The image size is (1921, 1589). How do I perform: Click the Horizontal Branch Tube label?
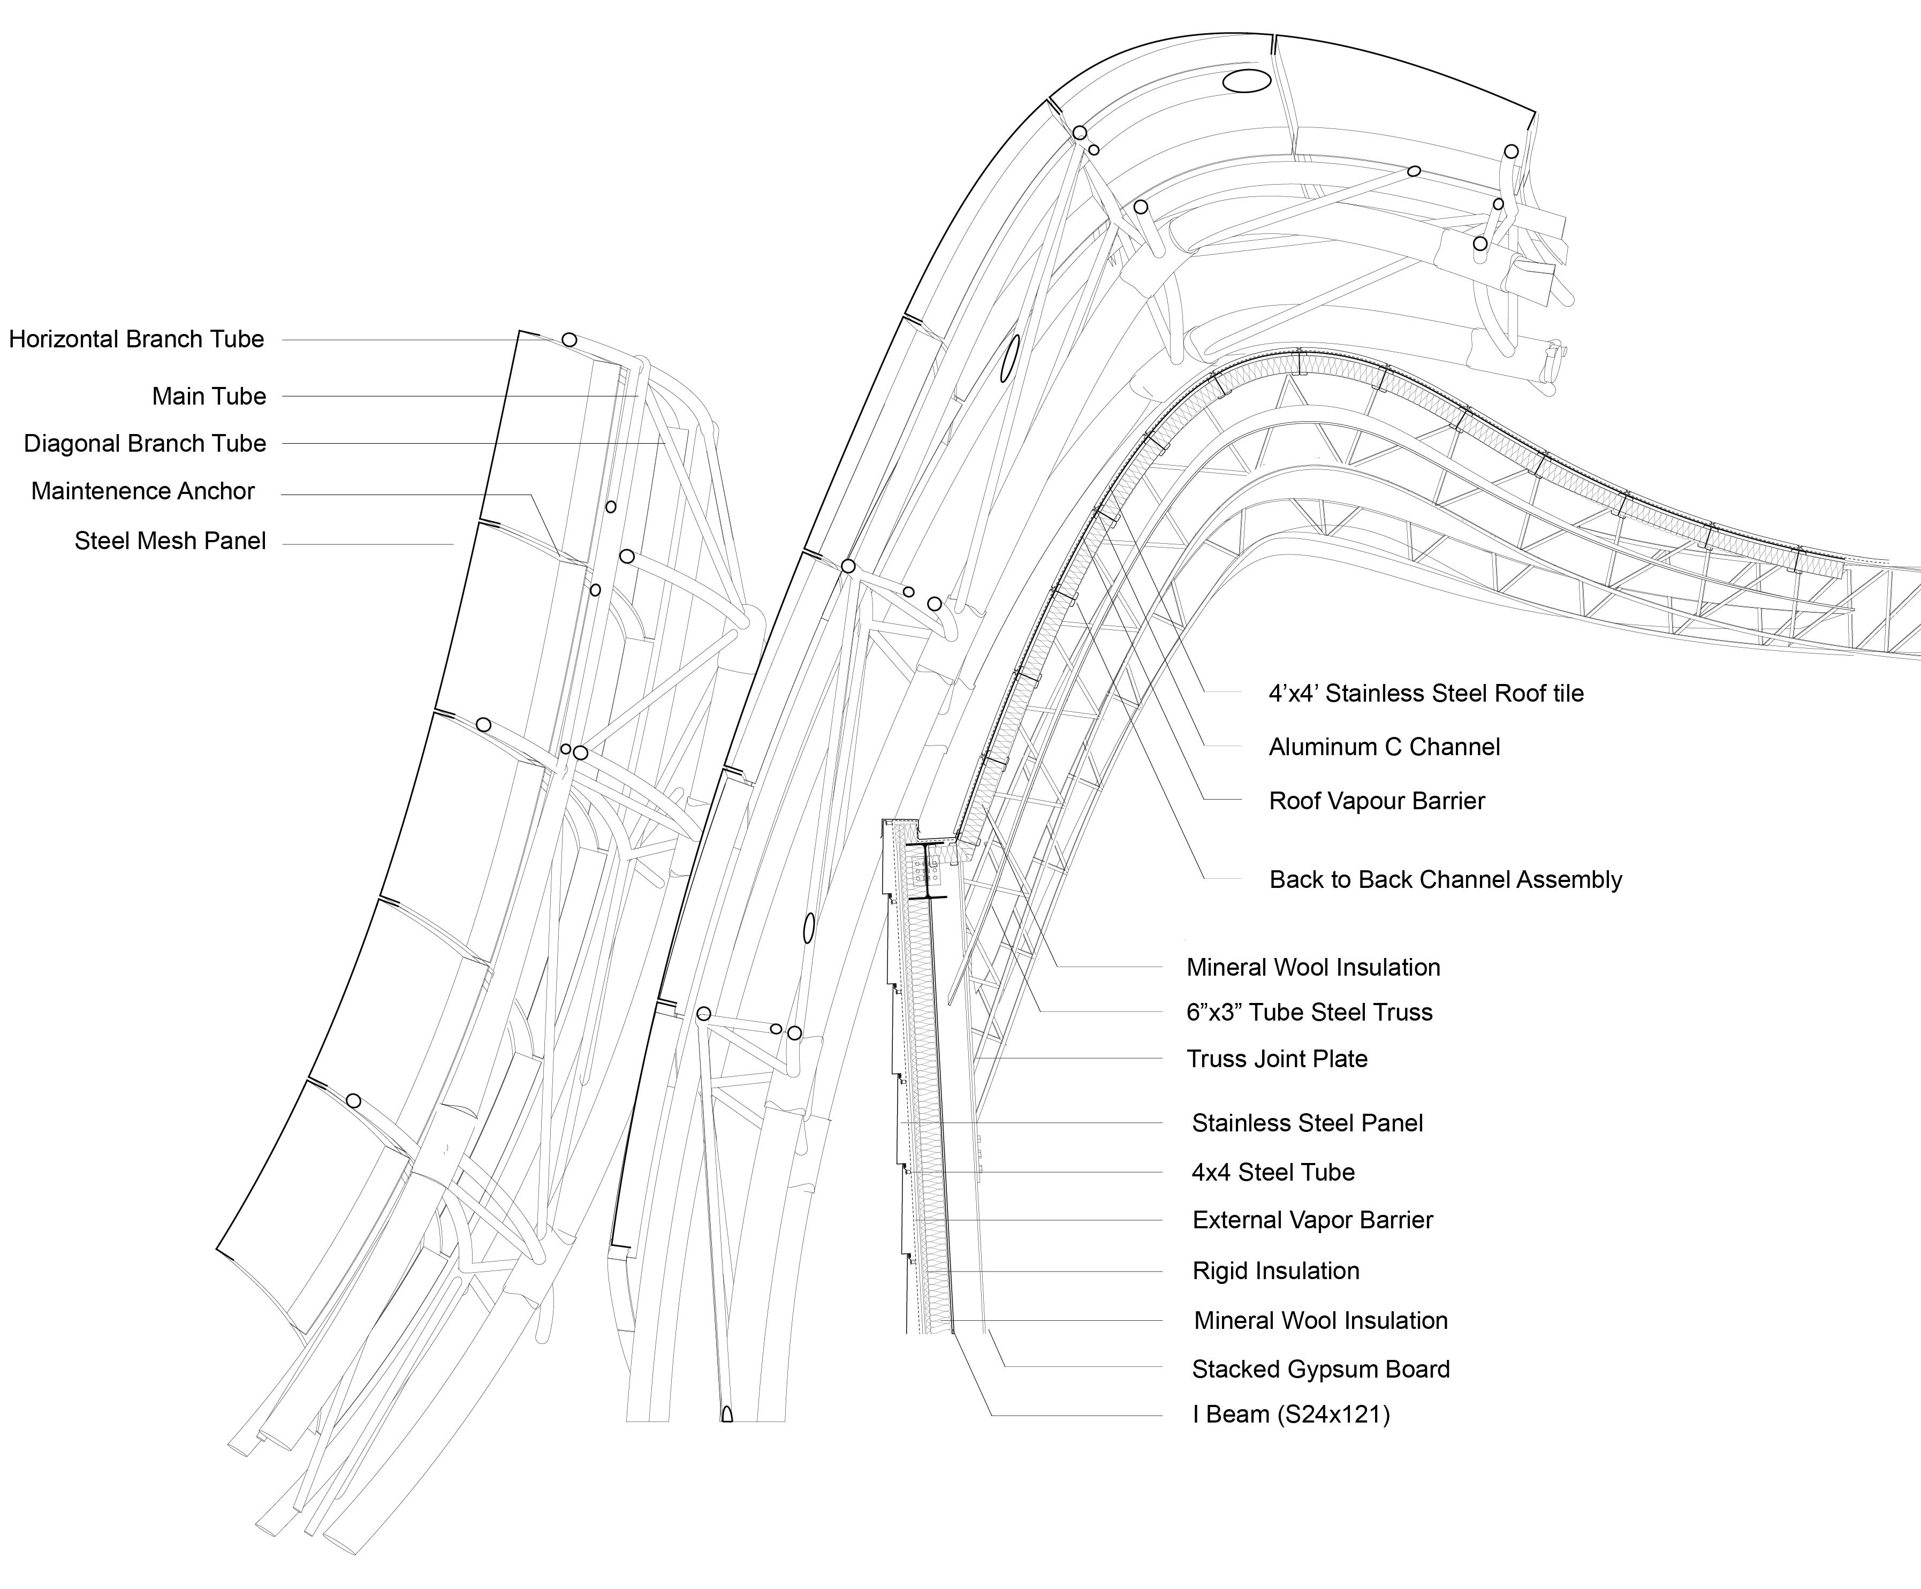[x=136, y=339]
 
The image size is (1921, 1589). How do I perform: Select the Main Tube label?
[x=209, y=396]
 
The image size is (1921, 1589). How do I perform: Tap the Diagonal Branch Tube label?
[x=145, y=444]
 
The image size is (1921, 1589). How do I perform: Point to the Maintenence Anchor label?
[x=143, y=491]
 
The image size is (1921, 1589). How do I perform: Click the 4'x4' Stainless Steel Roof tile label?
[x=1425, y=694]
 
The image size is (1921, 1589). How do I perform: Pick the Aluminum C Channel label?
[x=1384, y=747]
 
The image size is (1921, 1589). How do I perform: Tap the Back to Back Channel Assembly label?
[x=1445, y=879]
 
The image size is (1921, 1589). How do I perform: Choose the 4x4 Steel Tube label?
[x=1272, y=1172]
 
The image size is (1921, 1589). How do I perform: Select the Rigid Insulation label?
[x=1275, y=1271]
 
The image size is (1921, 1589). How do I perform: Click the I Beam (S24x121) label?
[x=1290, y=1415]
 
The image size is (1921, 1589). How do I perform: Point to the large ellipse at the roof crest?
[x=1247, y=81]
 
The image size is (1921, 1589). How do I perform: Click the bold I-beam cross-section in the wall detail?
[x=926, y=870]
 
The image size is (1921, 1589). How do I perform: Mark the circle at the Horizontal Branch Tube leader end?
[x=569, y=339]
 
